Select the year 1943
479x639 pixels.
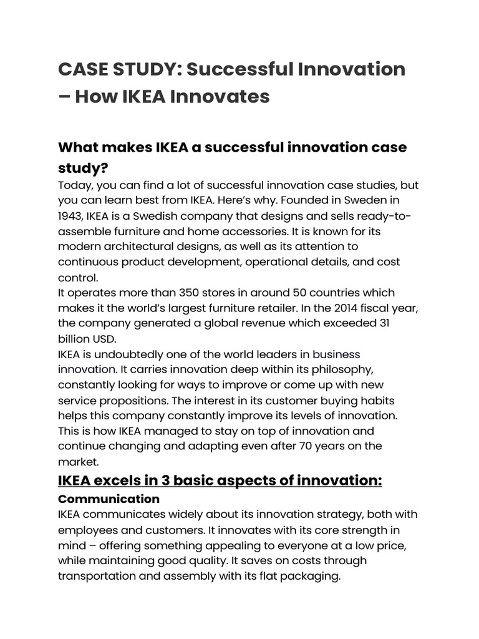[72, 216]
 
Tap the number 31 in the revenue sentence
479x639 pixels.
[386, 323]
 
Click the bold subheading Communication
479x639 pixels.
[109, 499]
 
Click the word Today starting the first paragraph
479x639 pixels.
[74, 185]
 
